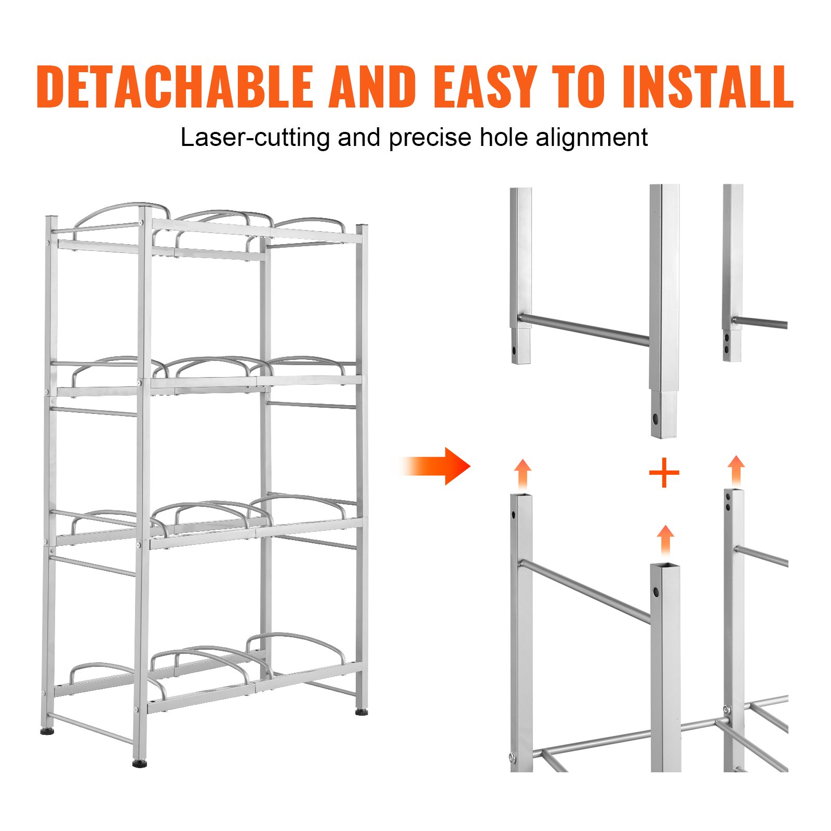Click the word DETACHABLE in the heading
[x=175, y=87]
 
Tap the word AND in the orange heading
[x=372, y=87]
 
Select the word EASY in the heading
[x=485, y=87]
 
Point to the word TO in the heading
[x=579, y=87]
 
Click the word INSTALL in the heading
[x=707, y=87]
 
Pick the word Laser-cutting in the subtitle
[x=254, y=138]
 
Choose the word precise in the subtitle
[x=430, y=138]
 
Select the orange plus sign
[x=664, y=473]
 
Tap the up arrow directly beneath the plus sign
[x=665, y=540]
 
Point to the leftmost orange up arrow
[x=523, y=473]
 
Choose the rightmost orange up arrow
[x=736, y=470]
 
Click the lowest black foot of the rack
[x=139, y=764]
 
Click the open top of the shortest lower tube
[x=665, y=566]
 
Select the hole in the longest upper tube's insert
[x=656, y=418]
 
